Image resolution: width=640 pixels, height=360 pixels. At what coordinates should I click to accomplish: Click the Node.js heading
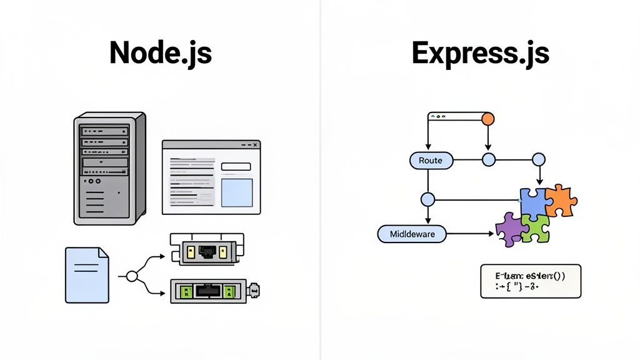(x=161, y=53)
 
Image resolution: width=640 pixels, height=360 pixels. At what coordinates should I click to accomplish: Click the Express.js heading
(x=480, y=53)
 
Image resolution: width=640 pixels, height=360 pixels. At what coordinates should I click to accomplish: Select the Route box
(x=430, y=161)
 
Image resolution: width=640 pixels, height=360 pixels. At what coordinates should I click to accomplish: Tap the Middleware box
(x=412, y=234)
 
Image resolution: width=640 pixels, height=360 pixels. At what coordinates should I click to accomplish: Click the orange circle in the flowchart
(x=488, y=118)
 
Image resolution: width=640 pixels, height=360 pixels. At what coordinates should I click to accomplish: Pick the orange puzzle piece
(x=560, y=201)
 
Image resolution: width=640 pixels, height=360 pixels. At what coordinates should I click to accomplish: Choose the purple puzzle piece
(x=509, y=229)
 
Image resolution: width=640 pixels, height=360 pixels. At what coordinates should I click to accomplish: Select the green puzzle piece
(x=536, y=228)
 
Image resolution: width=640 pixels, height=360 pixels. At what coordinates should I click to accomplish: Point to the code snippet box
(x=530, y=281)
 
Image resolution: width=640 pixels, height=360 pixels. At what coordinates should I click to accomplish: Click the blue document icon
(x=87, y=275)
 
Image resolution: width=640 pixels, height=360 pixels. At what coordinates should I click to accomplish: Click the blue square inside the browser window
(x=237, y=192)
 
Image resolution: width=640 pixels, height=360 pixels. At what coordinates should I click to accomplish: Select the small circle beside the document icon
(x=131, y=276)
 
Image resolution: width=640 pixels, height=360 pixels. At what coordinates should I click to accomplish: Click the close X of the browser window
(x=254, y=145)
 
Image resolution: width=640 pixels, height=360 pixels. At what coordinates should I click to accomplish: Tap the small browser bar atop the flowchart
(x=456, y=116)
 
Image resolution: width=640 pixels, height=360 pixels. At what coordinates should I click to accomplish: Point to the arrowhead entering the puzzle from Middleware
(x=491, y=234)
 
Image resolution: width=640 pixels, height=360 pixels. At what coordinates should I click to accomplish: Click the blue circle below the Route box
(x=427, y=200)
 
